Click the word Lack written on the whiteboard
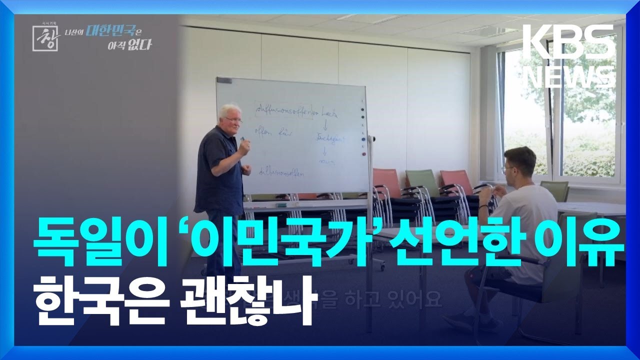tap(328, 114)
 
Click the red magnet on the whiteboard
tap(363, 154)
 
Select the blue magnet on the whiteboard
tap(363, 139)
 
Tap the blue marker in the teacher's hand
tap(243, 139)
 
